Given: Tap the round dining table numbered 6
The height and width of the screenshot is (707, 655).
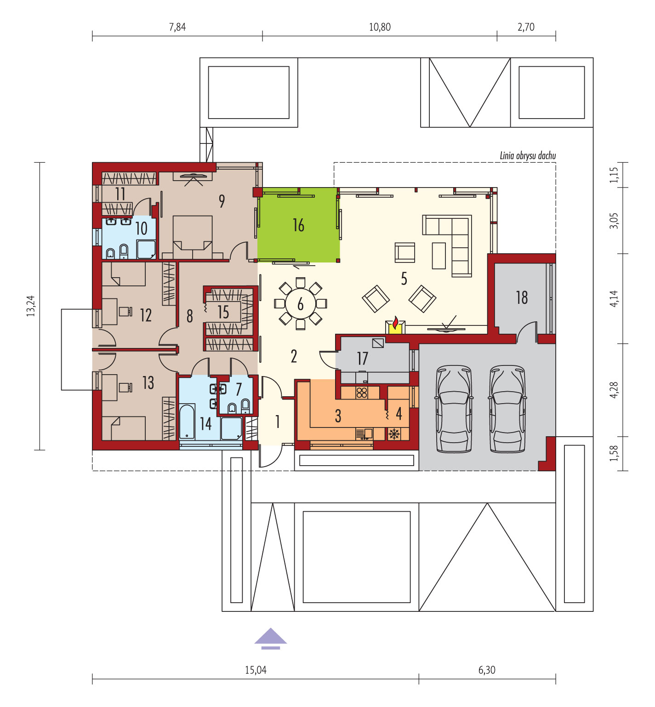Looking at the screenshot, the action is [x=301, y=303].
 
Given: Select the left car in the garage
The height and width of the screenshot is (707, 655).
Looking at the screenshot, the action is [x=454, y=409].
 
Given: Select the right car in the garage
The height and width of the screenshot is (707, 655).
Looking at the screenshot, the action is [x=507, y=409].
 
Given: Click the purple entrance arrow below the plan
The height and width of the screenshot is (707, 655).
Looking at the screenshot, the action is [x=271, y=639].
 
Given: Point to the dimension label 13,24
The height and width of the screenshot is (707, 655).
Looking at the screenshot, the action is [x=31, y=306].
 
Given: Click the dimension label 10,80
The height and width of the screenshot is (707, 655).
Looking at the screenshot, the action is [x=380, y=27].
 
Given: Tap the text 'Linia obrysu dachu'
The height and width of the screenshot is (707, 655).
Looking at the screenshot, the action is [x=528, y=156].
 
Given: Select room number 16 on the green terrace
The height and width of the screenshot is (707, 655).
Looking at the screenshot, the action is [x=298, y=225].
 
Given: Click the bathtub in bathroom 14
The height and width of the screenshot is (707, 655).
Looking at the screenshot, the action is [x=187, y=422].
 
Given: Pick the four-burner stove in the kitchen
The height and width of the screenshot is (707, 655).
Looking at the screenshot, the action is [x=362, y=393].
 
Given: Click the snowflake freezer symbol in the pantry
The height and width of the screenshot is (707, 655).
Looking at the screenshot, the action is [x=394, y=433].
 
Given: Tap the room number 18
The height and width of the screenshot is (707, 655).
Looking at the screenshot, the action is [x=522, y=297].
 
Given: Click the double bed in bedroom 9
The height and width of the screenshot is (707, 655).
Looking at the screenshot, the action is [x=193, y=237].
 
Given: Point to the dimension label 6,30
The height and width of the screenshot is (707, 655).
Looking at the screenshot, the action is [x=487, y=670].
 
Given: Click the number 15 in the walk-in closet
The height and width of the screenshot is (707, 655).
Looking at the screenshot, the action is [x=223, y=312].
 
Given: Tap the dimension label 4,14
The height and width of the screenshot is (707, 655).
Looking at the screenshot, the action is [x=614, y=299].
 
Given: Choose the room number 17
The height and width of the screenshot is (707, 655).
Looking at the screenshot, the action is [x=362, y=358].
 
